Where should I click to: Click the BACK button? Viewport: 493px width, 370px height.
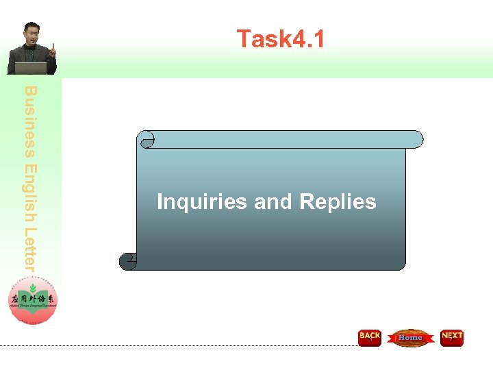[370, 337]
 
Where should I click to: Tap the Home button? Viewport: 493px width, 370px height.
[410, 338]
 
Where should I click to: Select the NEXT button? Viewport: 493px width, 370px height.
[452, 337]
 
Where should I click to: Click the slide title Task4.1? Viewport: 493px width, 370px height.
[280, 39]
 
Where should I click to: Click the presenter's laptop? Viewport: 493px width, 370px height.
[31, 69]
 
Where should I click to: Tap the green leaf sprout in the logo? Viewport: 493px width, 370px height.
[33, 288]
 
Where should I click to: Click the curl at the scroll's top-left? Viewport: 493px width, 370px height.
[146, 140]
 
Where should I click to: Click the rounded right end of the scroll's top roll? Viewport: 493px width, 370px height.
[418, 139]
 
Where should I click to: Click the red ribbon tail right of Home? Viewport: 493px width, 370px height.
[431, 338]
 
